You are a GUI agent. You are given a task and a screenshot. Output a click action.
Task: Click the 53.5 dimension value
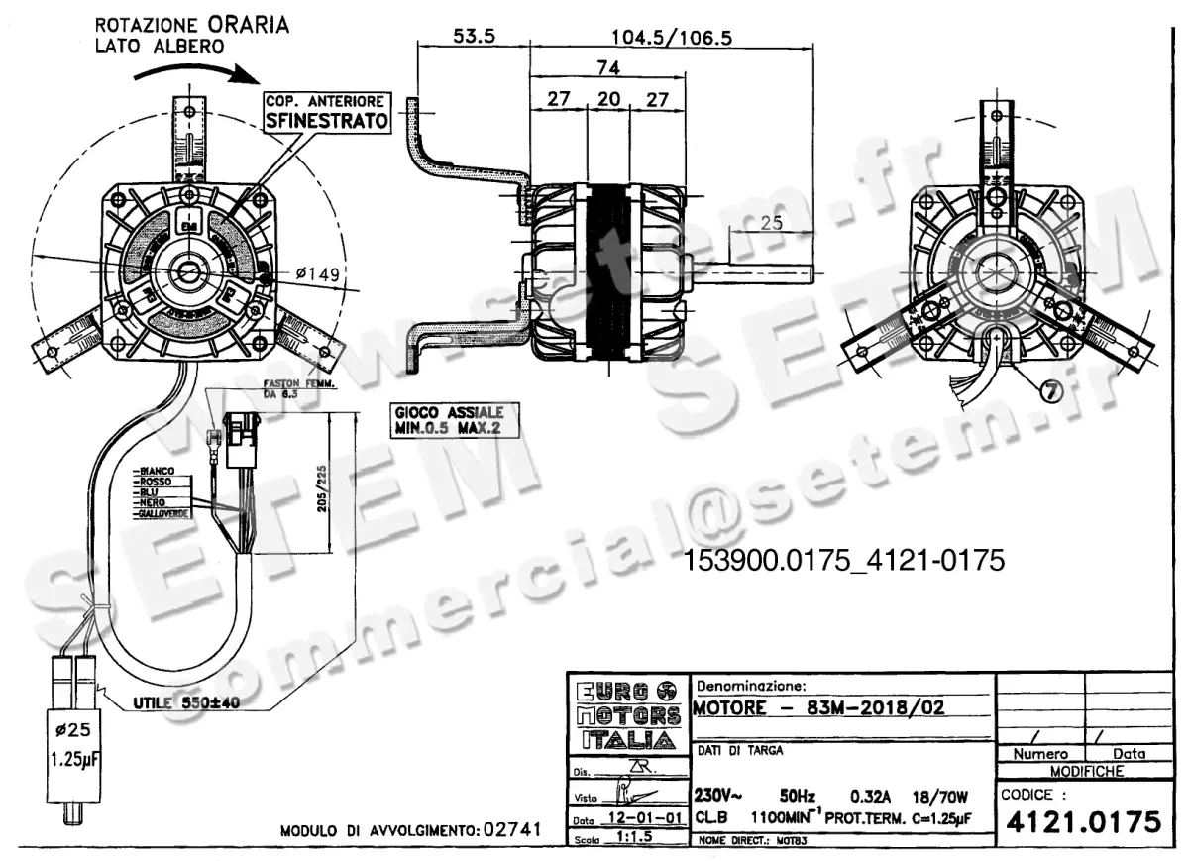(475, 36)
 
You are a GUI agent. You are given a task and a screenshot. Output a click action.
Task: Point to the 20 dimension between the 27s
(609, 99)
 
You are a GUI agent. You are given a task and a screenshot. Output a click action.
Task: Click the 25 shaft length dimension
(772, 223)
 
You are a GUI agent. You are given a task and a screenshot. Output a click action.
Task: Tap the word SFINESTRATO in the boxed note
(326, 122)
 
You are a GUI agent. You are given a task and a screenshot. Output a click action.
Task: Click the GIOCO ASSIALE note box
(448, 420)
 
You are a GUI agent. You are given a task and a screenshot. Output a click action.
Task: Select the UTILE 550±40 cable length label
(186, 702)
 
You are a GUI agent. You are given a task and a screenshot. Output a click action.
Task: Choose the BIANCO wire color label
(157, 470)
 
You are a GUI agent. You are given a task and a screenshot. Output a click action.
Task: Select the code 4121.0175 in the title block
(1082, 822)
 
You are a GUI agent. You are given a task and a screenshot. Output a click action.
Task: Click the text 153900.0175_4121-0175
(844, 561)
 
